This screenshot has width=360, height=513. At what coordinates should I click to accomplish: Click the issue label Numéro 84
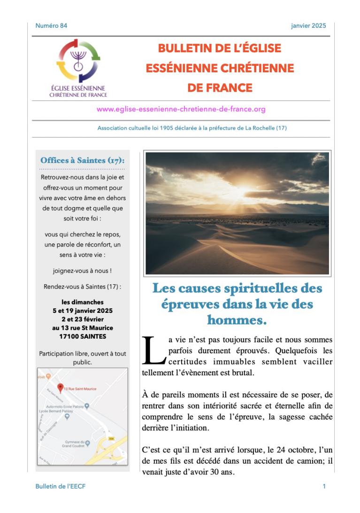point(51,26)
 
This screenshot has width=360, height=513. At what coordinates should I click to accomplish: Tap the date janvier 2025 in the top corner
point(308,26)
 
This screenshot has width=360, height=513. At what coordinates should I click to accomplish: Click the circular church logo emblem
point(78,61)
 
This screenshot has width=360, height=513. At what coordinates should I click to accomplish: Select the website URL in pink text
point(181,109)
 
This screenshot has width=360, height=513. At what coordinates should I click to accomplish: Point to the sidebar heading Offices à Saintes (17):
point(83,161)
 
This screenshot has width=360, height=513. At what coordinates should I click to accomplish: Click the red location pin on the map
point(60,388)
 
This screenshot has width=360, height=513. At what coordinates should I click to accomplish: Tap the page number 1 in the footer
point(324,487)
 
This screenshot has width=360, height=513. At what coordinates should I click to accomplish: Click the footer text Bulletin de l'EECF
point(61,487)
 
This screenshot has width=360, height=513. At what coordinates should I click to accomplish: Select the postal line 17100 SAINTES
point(83,337)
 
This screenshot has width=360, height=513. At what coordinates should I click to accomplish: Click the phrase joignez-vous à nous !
point(83,271)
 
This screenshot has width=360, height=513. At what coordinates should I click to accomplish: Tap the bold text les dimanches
point(83,302)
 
